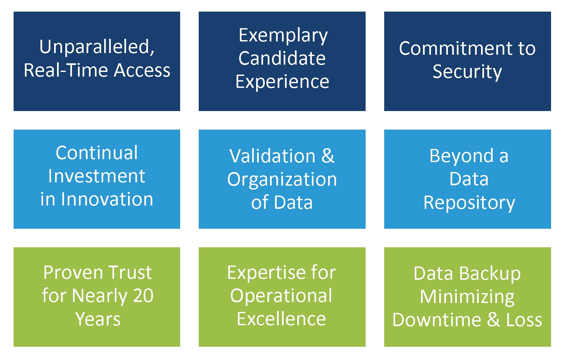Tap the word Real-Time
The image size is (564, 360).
tap(66, 70)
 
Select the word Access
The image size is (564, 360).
tap(142, 70)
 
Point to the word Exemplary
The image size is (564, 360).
tap(283, 36)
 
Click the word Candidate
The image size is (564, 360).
tap(282, 58)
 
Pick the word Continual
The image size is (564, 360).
tap(97, 152)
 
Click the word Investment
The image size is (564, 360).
tap(97, 176)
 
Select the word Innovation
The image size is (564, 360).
tap(107, 199)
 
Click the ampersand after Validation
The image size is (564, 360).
tap(327, 156)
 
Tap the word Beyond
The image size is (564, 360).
tap(461, 156)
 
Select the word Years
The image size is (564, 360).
tap(98, 319)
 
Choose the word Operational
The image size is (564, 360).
tap(281, 296)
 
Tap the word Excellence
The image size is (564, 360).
tap(281, 319)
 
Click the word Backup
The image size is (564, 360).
tap(490, 274)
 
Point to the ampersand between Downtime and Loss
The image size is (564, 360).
tap(494, 320)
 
